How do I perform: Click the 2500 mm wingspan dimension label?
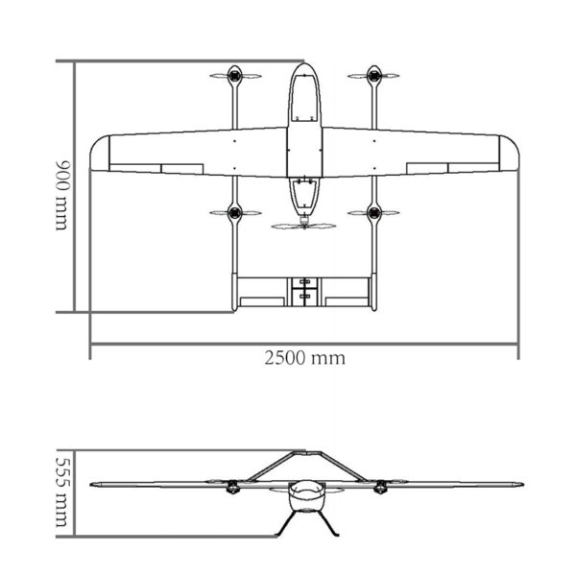pyautogui.click(x=304, y=358)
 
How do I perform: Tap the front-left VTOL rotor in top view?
pyautogui.click(x=234, y=75)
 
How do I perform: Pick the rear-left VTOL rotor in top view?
pyautogui.click(x=234, y=212)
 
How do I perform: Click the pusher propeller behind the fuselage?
pyautogui.click(x=304, y=227)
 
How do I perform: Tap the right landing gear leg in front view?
pyautogui.click(x=328, y=522)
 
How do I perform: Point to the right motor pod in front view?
pyautogui.click(x=380, y=489)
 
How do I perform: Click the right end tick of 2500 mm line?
pyautogui.click(x=518, y=347)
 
